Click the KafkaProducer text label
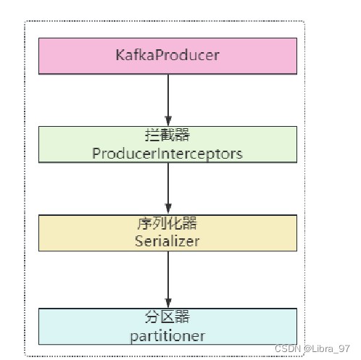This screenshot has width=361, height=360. (x=167, y=55)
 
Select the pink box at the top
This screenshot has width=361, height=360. (x=167, y=56)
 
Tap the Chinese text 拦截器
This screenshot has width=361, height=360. (x=167, y=135)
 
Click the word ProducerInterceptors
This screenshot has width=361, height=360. (x=167, y=154)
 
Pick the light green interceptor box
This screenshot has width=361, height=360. (x=167, y=144)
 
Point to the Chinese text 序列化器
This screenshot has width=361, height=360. (x=167, y=223)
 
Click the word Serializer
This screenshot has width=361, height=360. (x=167, y=241)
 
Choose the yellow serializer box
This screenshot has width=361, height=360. (x=167, y=233)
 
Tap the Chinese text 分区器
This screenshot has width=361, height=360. (x=167, y=317)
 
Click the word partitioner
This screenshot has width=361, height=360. (x=167, y=336)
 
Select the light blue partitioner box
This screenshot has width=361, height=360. (x=167, y=327)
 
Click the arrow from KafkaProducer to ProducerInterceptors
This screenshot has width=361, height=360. (x=168, y=100)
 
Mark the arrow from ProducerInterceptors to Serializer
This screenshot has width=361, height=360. (x=168, y=189)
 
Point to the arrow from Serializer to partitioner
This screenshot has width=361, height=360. (x=168, y=280)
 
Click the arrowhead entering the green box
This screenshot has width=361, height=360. (x=168, y=121)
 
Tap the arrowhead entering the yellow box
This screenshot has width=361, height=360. (x=168, y=209)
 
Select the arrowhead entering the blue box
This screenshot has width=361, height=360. (x=168, y=303)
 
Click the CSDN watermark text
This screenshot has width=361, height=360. (x=288, y=348)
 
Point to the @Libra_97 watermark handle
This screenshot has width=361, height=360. (x=327, y=348)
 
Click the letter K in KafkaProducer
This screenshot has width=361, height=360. (x=120, y=55)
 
